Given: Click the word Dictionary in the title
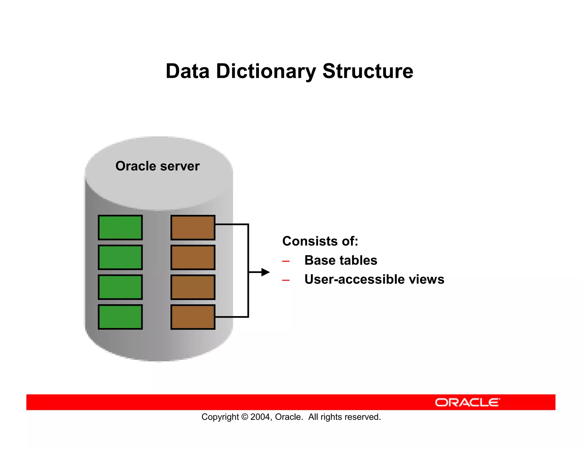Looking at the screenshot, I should point(266,71).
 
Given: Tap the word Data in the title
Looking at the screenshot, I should point(188,71).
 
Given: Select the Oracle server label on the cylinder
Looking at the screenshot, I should point(157,166).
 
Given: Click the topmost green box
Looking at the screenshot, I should point(120,228).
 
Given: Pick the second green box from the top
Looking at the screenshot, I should point(120,257).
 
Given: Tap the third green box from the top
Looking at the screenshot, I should point(120,287).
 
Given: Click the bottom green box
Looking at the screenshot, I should point(120,317).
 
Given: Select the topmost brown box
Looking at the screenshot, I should point(193,228).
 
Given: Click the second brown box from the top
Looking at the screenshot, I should point(193,257).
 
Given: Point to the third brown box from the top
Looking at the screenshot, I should point(193,287).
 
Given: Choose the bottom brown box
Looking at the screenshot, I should point(193,317).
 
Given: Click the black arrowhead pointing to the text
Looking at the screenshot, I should point(265,272).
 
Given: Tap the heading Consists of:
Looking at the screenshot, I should point(320,241).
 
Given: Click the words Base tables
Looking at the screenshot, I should point(341,260).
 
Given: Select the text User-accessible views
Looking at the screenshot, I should point(374,279).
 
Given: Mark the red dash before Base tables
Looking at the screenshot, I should point(286,261).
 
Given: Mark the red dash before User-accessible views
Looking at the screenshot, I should point(286,280).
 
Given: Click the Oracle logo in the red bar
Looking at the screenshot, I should point(467,402).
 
